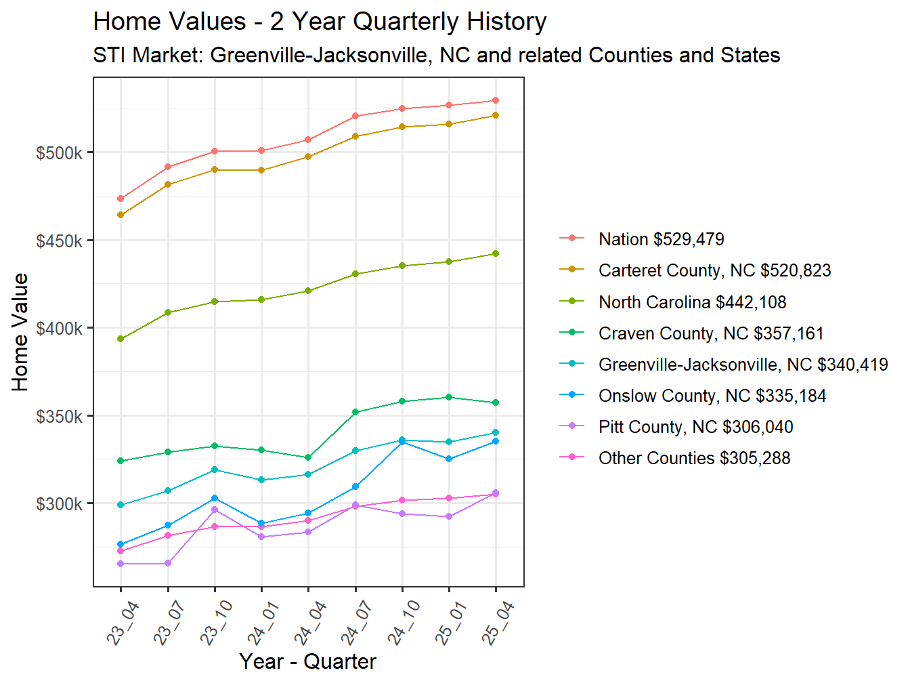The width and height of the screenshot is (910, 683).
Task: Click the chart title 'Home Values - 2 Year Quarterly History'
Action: coord(320,22)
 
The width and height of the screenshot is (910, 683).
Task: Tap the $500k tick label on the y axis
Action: coord(60,153)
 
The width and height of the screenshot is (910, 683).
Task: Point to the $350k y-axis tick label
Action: coord(60,416)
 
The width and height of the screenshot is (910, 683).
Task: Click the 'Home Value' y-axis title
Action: coord(20,332)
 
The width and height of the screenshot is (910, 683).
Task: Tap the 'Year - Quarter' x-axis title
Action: coord(307,661)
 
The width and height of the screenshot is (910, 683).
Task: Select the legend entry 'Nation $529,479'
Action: coord(661,239)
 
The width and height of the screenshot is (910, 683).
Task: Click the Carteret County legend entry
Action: coord(714,270)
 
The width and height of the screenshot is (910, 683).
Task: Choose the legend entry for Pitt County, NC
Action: coord(695,427)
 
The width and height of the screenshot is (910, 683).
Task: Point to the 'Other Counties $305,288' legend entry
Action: coord(694,458)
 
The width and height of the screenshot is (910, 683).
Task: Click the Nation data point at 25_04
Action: coord(496,100)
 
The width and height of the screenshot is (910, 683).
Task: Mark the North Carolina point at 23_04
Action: coord(121,339)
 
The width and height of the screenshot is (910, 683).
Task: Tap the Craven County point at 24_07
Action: coord(355,412)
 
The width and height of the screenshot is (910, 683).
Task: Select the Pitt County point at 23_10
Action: coord(215,510)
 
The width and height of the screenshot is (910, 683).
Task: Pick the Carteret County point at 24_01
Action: coord(261,170)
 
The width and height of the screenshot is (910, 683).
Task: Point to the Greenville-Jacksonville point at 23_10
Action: coord(215,470)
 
